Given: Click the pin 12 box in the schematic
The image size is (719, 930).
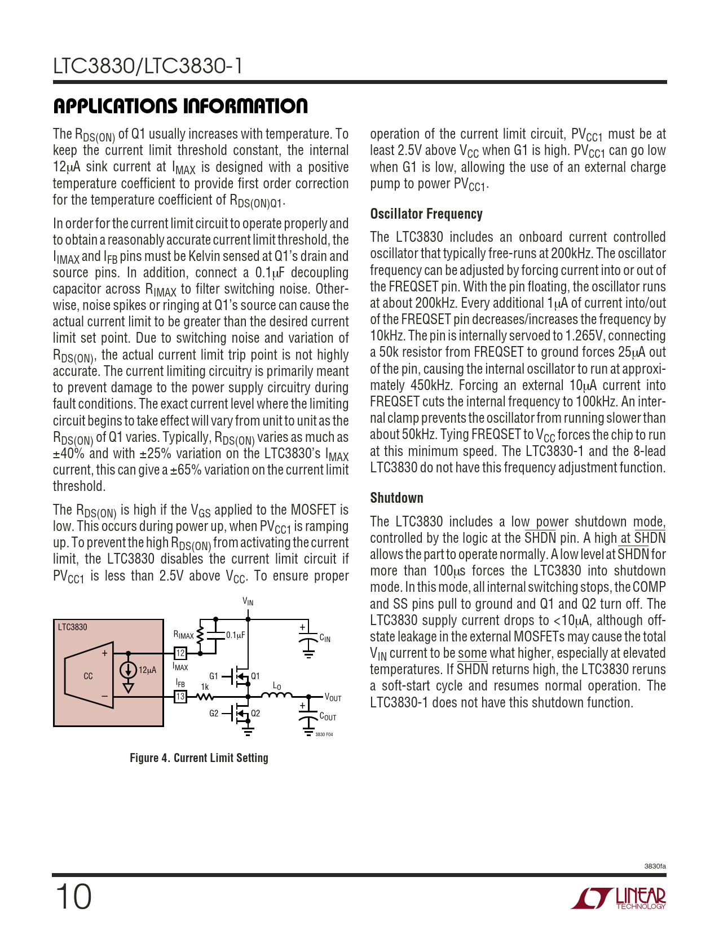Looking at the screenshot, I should pyautogui.click(x=180, y=653).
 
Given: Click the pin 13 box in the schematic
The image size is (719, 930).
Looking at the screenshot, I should pyautogui.click(x=180, y=697).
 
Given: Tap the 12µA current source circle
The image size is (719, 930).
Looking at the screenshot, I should pyautogui.click(x=129, y=670).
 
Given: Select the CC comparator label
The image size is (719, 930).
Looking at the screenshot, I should pyautogui.click(x=88, y=676).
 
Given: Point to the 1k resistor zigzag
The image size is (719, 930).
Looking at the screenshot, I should pyautogui.click(x=204, y=697).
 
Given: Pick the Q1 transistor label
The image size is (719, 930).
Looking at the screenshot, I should pyautogui.click(x=255, y=676).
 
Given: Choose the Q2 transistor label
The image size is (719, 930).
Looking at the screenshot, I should pyautogui.click(x=255, y=713).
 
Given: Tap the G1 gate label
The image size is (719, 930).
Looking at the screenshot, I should pyautogui.click(x=214, y=676).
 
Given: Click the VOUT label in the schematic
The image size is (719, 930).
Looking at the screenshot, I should pyautogui.click(x=333, y=698).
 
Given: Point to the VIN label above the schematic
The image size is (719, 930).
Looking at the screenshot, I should pyautogui.click(x=248, y=602).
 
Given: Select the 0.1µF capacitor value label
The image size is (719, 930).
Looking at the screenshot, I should pyautogui.click(x=236, y=635).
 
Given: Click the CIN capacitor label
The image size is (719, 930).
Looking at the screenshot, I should pyautogui.click(x=325, y=638).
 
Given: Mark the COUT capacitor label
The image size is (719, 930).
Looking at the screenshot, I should pyautogui.click(x=328, y=717).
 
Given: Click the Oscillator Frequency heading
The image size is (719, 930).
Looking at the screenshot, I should pyautogui.click(x=426, y=214).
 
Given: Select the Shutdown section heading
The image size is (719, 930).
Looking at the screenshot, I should pyautogui.click(x=396, y=498).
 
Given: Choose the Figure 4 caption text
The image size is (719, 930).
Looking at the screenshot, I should pyautogui.click(x=199, y=758).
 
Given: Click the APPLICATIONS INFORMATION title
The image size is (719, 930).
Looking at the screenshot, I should pyautogui.click(x=180, y=106).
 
